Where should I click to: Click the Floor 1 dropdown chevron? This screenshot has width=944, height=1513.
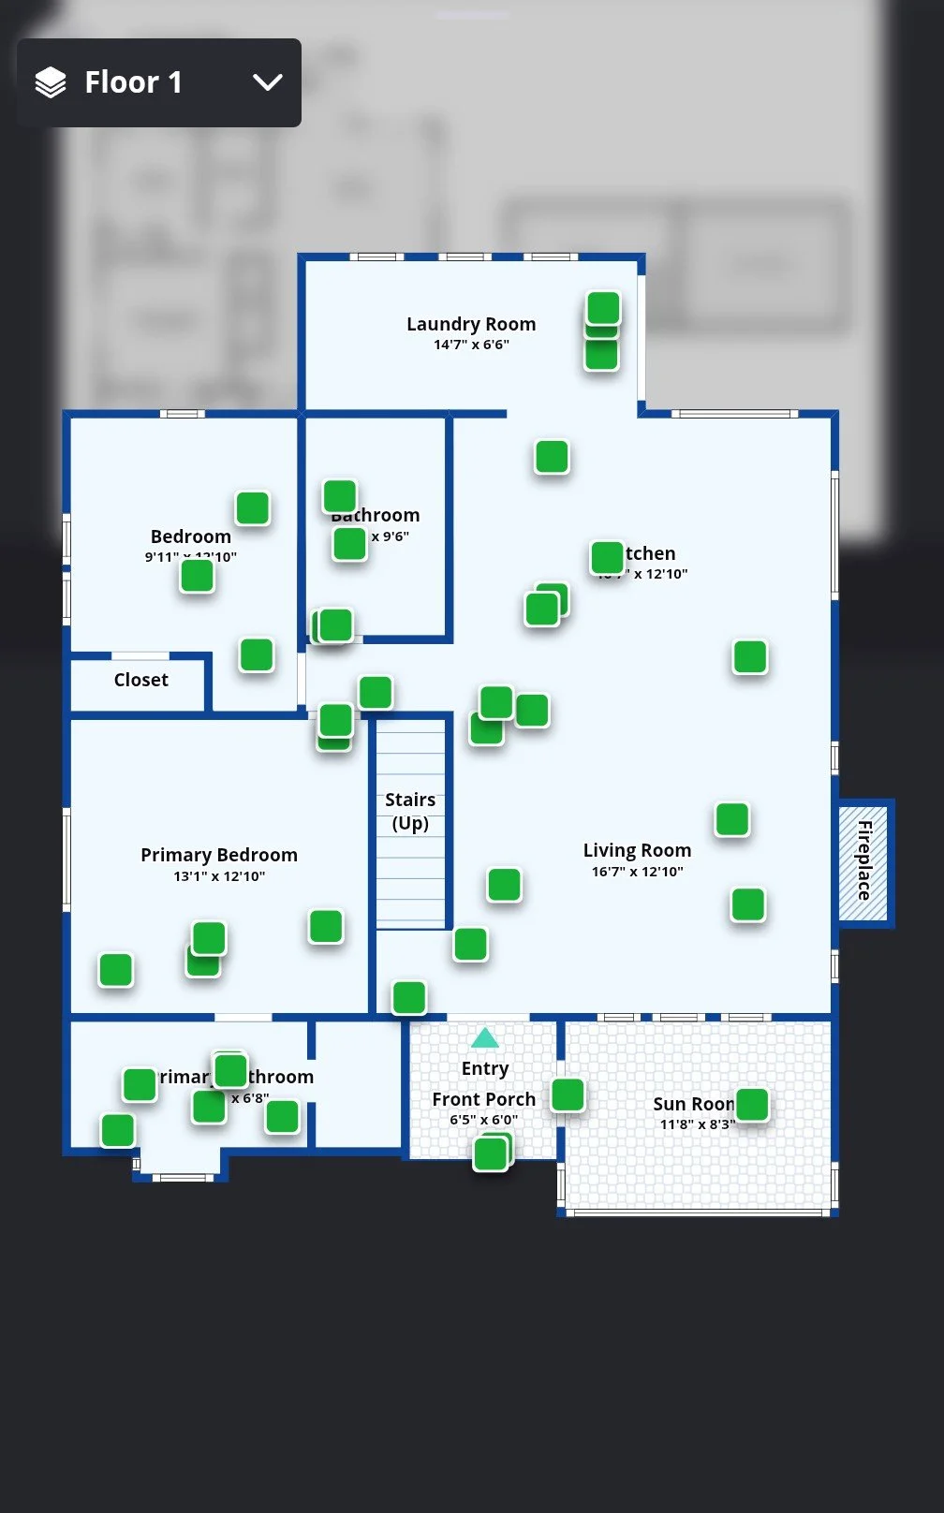click(267, 82)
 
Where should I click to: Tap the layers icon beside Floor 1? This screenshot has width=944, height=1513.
click(51, 82)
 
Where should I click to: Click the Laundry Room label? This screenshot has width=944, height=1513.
click(471, 324)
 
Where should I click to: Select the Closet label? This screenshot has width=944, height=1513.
click(141, 680)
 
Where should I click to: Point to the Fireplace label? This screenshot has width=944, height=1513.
click(864, 860)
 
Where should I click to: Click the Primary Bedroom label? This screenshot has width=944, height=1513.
click(219, 855)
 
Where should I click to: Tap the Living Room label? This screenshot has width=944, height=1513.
click(637, 850)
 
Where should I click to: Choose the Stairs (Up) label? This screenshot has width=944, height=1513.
click(410, 811)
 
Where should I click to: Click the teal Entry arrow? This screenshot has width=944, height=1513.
click(484, 1037)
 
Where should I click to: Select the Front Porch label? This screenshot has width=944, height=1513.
click(483, 1099)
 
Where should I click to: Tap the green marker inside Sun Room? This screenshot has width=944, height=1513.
click(752, 1105)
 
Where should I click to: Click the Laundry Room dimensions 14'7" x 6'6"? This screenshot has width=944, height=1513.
click(471, 345)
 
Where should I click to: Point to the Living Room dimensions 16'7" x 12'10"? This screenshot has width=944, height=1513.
click(637, 872)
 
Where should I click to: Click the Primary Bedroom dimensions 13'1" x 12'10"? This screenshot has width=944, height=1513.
click(219, 876)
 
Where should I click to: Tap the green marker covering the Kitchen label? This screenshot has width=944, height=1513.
click(607, 557)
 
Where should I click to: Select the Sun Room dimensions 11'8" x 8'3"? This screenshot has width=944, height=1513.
click(697, 1124)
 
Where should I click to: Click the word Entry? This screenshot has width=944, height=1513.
click(485, 1068)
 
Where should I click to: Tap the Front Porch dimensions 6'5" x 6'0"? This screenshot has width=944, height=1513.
click(483, 1120)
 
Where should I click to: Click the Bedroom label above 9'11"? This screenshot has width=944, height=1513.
click(190, 536)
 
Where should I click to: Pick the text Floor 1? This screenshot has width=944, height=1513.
click(133, 82)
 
